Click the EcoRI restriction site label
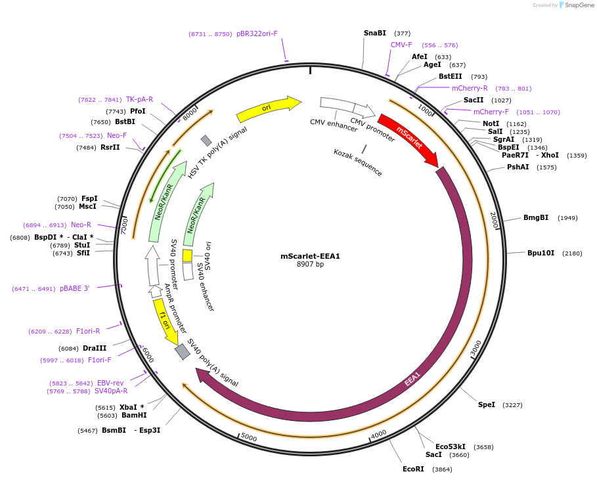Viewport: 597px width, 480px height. click(413, 469)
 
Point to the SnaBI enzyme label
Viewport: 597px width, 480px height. click(375, 33)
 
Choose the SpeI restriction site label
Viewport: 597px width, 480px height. click(487, 404)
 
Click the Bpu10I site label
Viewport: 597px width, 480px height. click(541, 253)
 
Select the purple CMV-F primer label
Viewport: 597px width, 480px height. click(401, 45)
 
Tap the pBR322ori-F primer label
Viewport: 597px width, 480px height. click(257, 33)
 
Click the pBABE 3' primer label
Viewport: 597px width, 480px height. click(74, 288)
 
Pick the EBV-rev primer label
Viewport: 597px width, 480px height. click(110, 383)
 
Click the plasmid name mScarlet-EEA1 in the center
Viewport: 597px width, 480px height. click(310, 256)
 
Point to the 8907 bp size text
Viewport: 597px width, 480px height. click(310, 265)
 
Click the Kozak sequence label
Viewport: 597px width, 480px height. click(358, 162)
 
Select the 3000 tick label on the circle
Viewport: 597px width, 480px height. click(476, 347)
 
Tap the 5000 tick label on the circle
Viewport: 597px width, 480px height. click(248, 436)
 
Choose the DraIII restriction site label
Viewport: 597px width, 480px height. click(95, 348)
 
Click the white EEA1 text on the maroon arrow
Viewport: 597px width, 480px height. click(412, 379)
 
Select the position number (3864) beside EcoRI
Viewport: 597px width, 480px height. click(443, 469)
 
